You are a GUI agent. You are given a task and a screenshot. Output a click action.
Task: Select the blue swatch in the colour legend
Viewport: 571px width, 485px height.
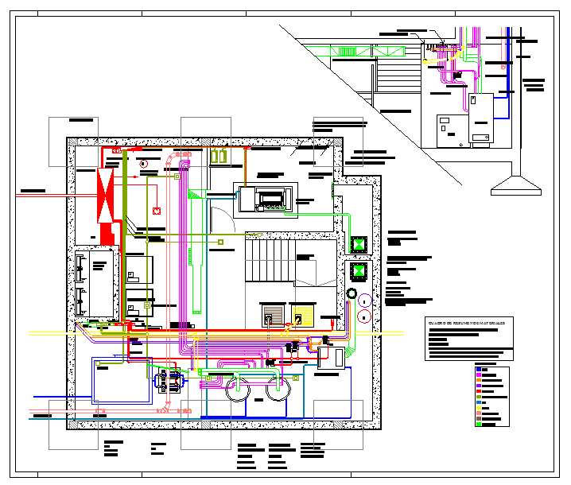tap(479, 368)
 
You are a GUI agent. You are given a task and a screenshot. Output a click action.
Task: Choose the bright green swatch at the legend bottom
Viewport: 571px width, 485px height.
tap(479, 425)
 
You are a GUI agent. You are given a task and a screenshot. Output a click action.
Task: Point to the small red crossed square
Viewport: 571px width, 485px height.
tap(157, 211)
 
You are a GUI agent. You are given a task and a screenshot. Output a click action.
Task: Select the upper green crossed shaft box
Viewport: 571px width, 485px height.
tap(358, 245)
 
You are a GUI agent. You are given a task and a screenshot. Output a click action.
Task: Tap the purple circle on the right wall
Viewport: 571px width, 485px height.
tap(364, 301)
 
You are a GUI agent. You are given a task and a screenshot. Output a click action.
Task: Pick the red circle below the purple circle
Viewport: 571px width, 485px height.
tap(364, 316)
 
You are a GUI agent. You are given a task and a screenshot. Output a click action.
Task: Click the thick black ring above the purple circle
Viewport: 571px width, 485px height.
tap(352, 295)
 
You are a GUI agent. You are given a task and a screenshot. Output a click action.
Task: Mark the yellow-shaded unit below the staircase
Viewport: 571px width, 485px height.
tap(302, 316)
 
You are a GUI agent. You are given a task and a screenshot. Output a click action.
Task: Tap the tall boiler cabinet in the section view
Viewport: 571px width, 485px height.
tap(480, 118)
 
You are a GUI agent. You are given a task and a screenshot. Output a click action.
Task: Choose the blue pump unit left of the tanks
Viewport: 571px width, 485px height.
tap(169, 382)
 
